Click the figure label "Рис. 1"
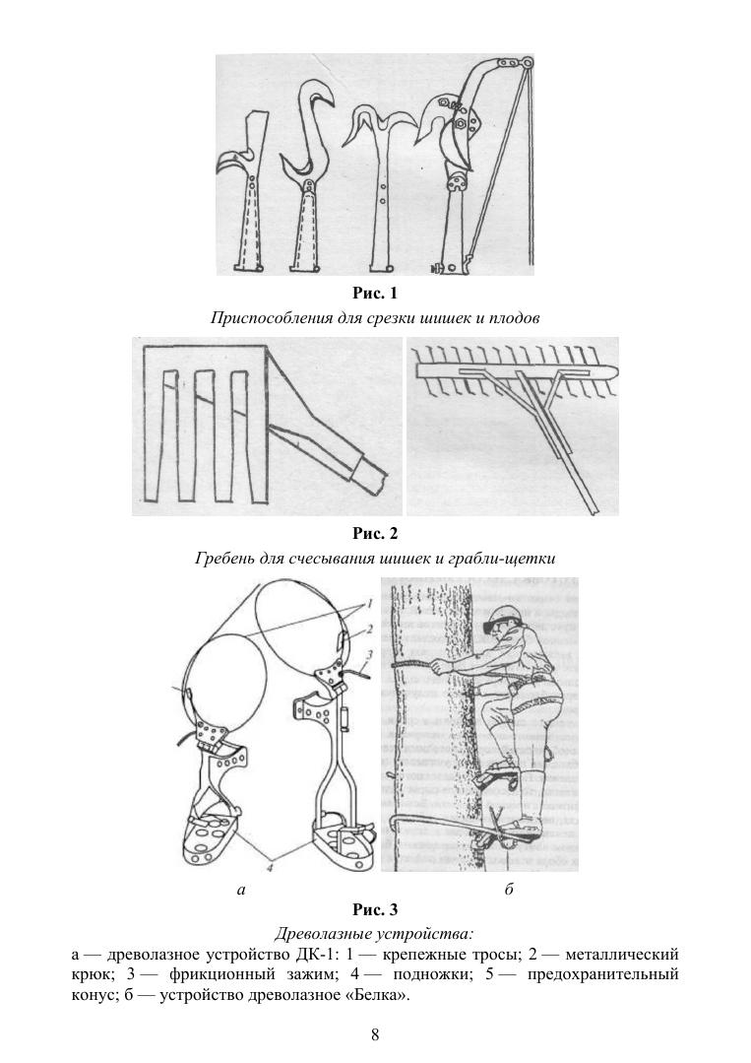point(374,294)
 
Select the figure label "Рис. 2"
point(374,534)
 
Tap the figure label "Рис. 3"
point(374,909)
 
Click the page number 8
point(375,1034)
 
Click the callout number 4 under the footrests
point(270,865)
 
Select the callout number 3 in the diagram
point(370,655)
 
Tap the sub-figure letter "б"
point(509,889)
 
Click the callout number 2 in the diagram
point(370,630)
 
